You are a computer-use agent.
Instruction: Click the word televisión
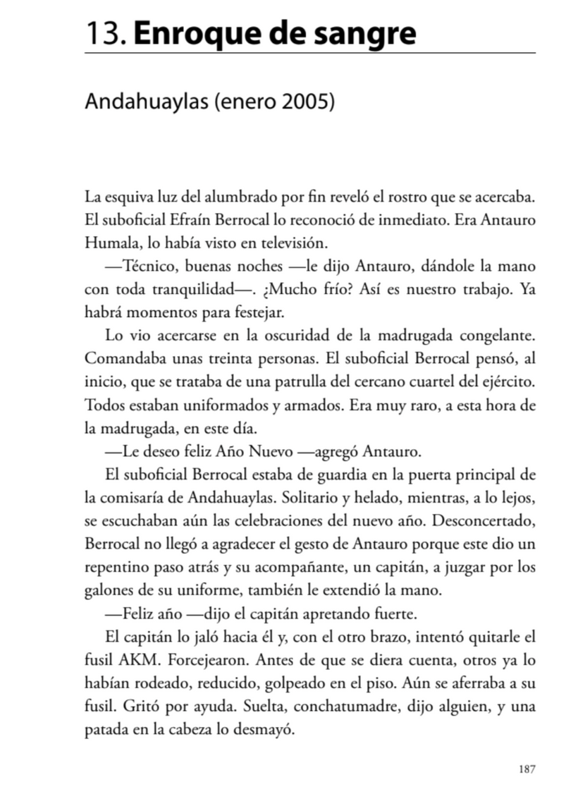(x=293, y=243)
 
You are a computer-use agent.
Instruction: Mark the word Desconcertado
(x=484, y=520)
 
